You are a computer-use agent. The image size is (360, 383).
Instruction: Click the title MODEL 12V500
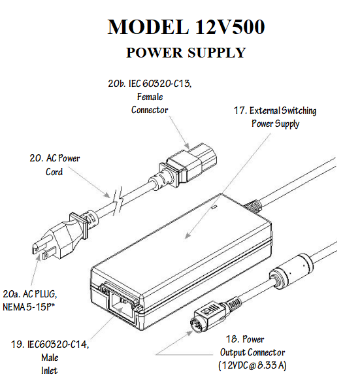click(x=186, y=27)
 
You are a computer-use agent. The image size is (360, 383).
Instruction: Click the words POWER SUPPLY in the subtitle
click(x=186, y=52)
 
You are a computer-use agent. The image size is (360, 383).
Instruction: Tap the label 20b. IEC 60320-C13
click(x=150, y=84)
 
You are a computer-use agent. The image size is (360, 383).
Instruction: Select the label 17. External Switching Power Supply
click(x=275, y=117)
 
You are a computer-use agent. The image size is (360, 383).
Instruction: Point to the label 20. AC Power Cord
click(x=55, y=165)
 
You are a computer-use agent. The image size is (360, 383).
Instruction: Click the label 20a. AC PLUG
click(x=30, y=294)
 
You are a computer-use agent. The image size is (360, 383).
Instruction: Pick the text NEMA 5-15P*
click(x=29, y=307)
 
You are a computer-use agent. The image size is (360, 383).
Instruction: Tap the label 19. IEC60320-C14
click(x=50, y=344)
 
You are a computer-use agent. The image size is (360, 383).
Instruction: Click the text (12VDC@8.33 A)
click(x=252, y=365)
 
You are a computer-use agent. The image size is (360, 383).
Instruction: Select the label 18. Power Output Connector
click(x=252, y=346)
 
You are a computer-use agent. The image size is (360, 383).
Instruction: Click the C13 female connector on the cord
click(x=188, y=163)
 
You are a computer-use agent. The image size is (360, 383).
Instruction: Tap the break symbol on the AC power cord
click(x=118, y=203)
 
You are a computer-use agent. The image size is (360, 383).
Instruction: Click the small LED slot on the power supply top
click(x=214, y=207)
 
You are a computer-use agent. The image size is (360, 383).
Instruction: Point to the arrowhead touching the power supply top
click(x=188, y=235)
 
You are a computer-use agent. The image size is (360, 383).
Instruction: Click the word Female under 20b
click(x=150, y=97)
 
